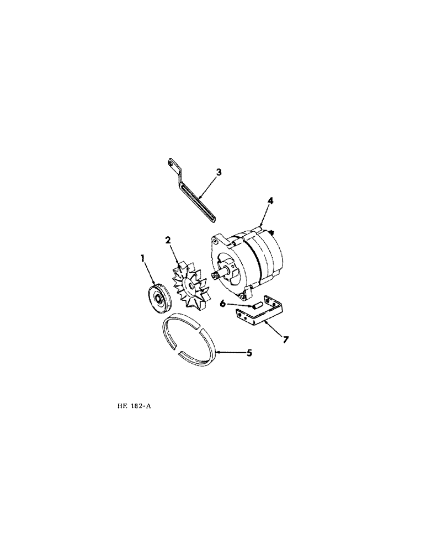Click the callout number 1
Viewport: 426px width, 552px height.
pyautogui.click(x=143, y=257)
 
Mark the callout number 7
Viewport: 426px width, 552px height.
pyautogui.click(x=285, y=338)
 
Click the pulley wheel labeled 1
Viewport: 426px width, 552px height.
pyautogui.click(x=157, y=299)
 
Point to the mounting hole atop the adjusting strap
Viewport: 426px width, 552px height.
pyautogui.click(x=171, y=162)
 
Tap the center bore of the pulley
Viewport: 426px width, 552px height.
pyautogui.click(x=159, y=299)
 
